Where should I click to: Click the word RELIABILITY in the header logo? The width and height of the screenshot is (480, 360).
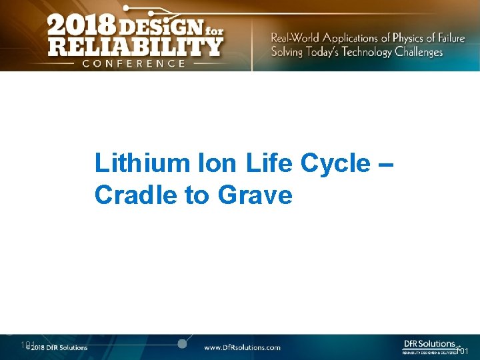pyautogui.click(x=134, y=47)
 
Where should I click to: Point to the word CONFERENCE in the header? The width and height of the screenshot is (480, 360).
pyautogui.click(x=134, y=63)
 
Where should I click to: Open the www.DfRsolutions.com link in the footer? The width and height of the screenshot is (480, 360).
pyautogui.click(x=242, y=347)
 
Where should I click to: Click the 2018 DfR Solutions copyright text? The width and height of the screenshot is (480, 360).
pyautogui.click(x=57, y=347)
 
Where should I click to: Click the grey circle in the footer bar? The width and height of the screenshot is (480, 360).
pyautogui.click(x=181, y=344)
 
